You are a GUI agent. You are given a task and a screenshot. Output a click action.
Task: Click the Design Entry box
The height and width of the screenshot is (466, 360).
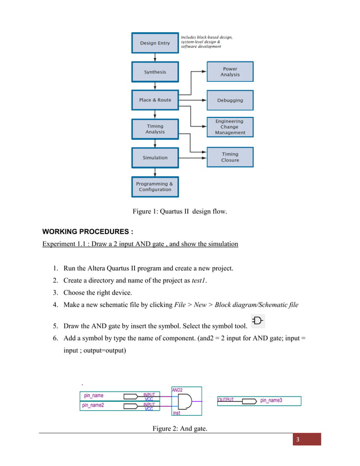coord(155,43)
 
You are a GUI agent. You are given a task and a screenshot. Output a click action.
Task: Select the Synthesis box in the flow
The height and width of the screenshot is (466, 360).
coord(155,72)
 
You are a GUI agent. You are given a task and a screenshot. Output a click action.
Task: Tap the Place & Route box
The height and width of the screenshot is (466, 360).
coord(155,100)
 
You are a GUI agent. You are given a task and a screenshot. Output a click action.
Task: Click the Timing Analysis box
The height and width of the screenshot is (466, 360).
coord(155,129)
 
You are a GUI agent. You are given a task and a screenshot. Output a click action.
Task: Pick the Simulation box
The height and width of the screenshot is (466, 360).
coord(155,157)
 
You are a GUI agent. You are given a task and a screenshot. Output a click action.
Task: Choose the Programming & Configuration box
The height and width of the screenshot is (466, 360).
coord(155,186)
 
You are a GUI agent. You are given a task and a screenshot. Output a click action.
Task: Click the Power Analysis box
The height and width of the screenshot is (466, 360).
coord(230,72)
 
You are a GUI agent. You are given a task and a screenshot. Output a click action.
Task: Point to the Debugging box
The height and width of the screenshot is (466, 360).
coord(230,100)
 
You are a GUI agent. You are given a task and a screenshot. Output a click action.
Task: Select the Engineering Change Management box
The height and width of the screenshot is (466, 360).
coord(230,127)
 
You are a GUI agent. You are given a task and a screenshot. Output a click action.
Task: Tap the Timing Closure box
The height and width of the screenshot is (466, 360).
coord(230,157)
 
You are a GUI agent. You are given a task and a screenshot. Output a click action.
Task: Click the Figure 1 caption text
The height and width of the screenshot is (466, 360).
coord(179,212)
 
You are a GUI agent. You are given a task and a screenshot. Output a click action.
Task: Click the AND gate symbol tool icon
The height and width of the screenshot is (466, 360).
coord(258,321)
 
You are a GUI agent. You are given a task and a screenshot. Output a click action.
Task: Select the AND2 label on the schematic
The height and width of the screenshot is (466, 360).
coord(177,390)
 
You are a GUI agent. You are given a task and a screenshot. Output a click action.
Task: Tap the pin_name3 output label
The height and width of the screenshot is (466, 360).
coord(271,401)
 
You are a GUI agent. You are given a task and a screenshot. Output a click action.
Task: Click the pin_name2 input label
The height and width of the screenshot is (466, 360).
coord(93,405)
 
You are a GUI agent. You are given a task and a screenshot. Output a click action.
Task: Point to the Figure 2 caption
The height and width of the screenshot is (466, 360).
coord(179,429)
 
